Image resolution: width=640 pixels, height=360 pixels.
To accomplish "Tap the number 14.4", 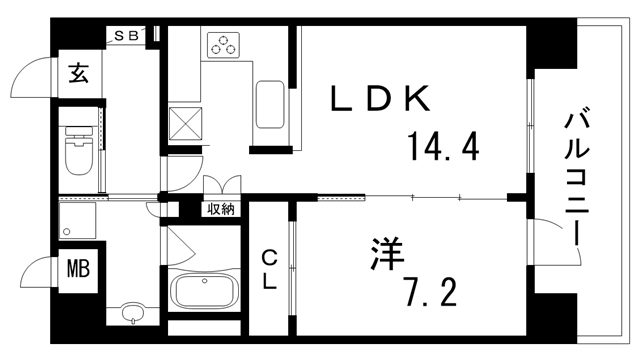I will pyautogui.click(x=442, y=147).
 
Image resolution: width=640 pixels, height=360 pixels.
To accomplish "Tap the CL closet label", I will pyautogui.click(x=269, y=268).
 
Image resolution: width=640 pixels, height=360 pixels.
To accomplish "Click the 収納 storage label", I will pyautogui.click(x=221, y=209).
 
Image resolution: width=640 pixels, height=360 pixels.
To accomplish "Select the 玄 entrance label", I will pyautogui.click(x=78, y=73).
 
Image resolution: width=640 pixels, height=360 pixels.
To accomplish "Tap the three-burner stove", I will pyautogui.click(x=223, y=45).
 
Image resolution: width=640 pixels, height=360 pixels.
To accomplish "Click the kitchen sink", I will pyautogui.click(x=270, y=105).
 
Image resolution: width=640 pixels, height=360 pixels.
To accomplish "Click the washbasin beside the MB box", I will pyautogui.click(x=132, y=315).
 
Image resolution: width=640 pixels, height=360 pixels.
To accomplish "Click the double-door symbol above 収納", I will pyautogui.click(x=221, y=186).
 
